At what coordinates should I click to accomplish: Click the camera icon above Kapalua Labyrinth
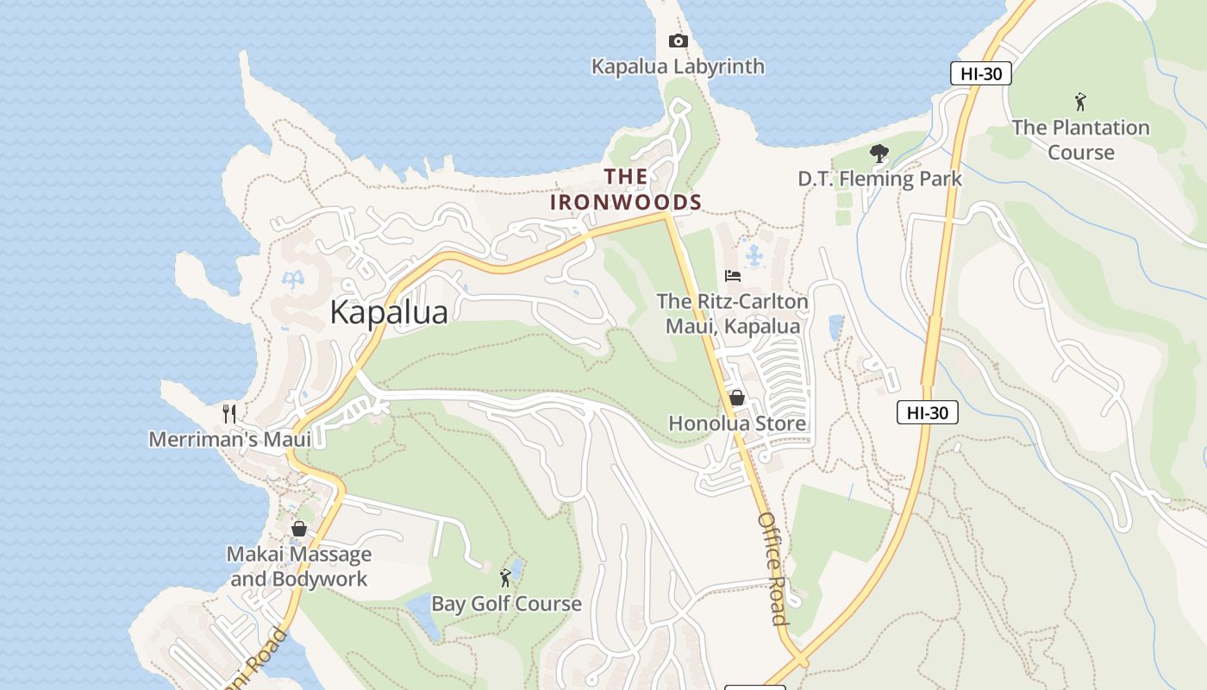[x=678, y=41]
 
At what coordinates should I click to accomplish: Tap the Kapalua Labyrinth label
[x=678, y=66]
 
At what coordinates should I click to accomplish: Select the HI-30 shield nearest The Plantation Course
[x=981, y=73]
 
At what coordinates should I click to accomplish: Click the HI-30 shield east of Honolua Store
[x=928, y=412]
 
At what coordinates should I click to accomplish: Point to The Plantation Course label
[x=1080, y=140]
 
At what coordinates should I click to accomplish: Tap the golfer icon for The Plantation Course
[x=1080, y=102]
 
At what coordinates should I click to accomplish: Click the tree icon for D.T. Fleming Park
[x=879, y=154]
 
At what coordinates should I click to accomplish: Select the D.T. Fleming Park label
[x=879, y=179]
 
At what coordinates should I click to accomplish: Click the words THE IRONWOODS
[x=626, y=190]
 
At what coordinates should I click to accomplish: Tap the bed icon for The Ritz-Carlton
[x=733, y=276]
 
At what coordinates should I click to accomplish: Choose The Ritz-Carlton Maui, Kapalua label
[x=733, y=314]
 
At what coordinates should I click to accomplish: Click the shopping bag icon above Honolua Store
[x=736, y=398]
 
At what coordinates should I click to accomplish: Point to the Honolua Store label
[x=737, y=423]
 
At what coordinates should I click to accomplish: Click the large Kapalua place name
[x=389, y=312]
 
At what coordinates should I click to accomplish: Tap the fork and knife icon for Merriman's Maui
[x=229, y=413]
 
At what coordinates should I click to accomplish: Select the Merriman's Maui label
[x=229, y=439]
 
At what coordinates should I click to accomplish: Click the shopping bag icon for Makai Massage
[x=299, y=529]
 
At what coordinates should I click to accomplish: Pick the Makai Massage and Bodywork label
[x=299, y=567]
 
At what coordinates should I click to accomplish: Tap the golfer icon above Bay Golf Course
[x=506, y=578]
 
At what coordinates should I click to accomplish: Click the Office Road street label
[x=772, y=568]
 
